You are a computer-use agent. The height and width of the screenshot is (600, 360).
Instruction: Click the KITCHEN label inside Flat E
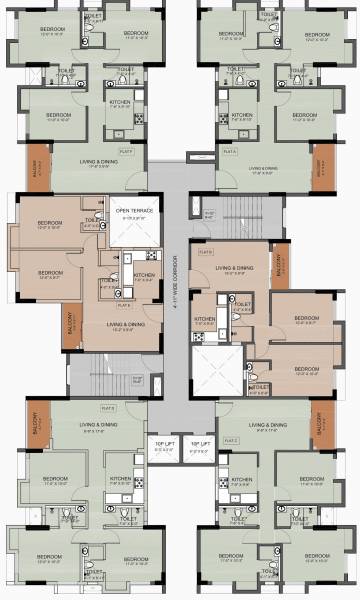(143, 276)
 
